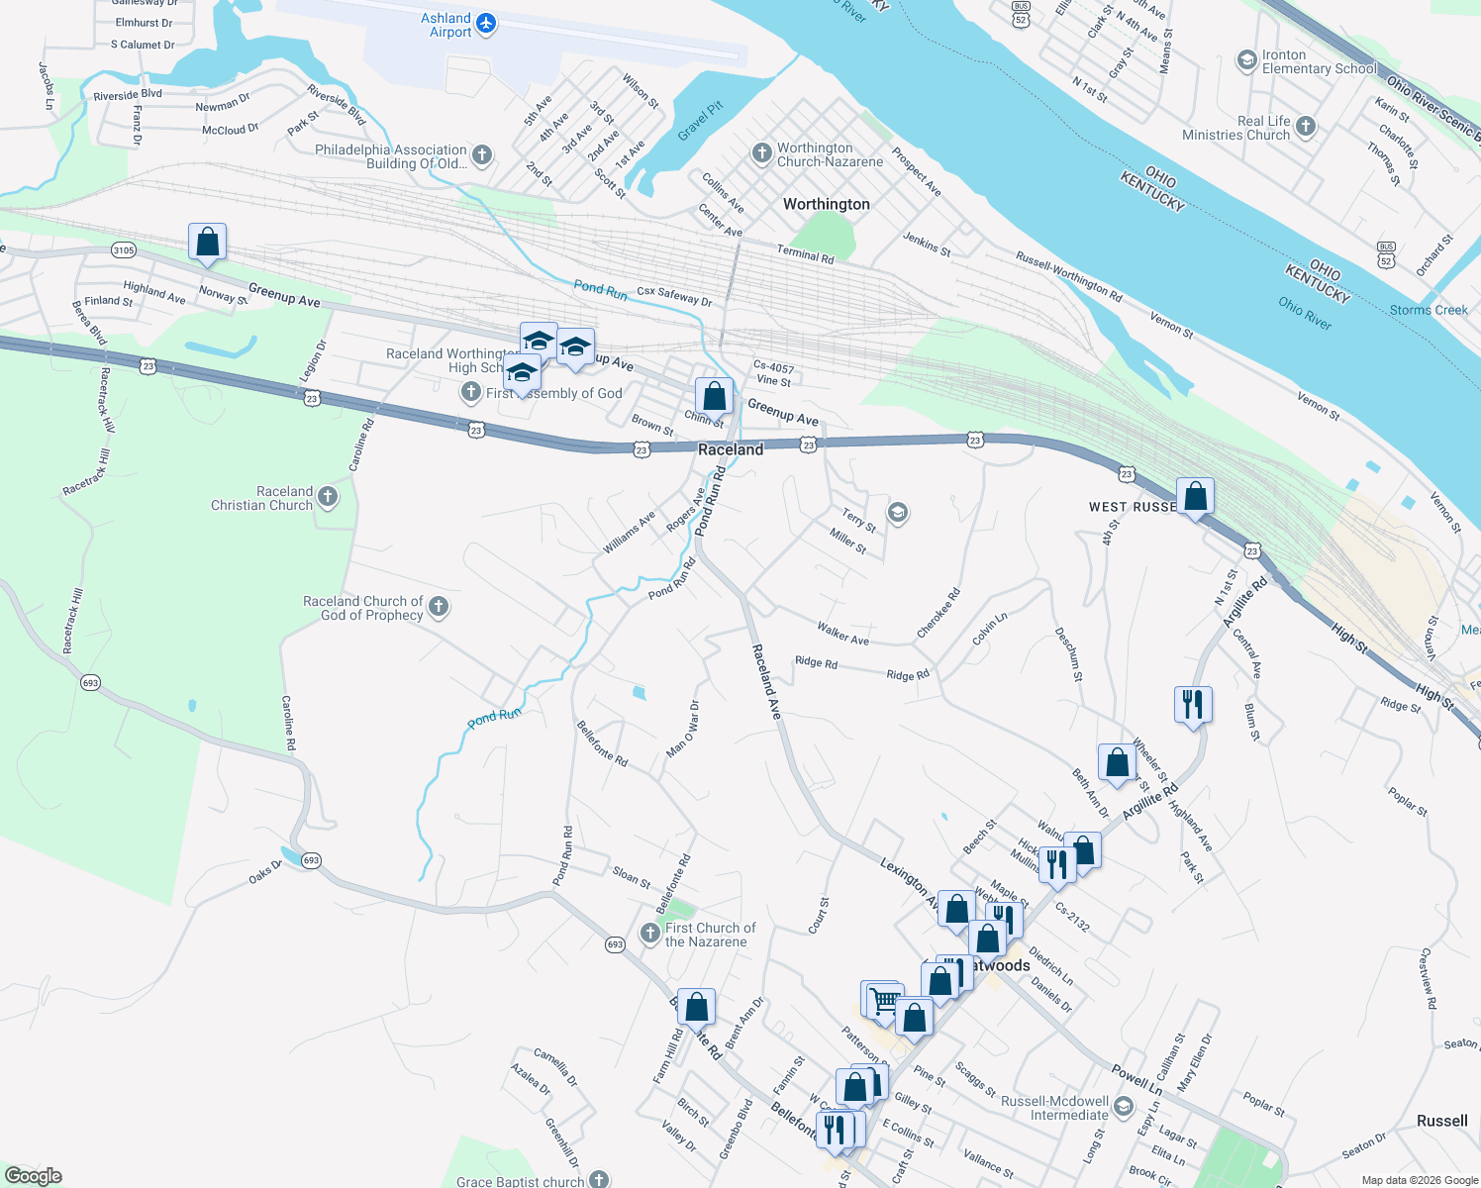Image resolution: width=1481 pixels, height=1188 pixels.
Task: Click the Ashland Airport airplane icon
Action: [x=485, y=23]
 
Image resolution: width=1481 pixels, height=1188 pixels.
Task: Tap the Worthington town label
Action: [x=826, y=204]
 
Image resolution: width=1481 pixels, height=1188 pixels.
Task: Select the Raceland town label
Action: [x=731, y=449]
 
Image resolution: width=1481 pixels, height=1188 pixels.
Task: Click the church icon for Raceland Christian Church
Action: [x=328, y=497]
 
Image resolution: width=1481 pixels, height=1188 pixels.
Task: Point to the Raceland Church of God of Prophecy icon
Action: [x=439, y=607]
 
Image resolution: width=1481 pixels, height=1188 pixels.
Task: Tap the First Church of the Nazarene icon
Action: [x=649, y=934]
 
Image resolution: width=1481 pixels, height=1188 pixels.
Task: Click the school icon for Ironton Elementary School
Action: [x=1246, y=61]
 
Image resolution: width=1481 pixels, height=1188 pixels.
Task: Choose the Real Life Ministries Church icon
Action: [x=1306, y=126]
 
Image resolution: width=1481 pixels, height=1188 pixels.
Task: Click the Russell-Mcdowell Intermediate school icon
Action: [x=1123, y=1107]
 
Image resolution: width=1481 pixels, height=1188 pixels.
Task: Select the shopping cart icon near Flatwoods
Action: [x=884, y=1001]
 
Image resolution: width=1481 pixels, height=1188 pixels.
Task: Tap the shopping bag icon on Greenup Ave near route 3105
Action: [x=207, y=242]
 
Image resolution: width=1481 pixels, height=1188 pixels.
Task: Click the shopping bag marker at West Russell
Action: [x=1195, y=496]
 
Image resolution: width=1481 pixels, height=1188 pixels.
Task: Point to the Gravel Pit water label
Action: [x=701, y=121]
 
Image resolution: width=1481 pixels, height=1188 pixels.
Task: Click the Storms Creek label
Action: [x=1429, y=310]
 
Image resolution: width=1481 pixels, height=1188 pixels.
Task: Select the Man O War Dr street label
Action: [x=683, y=729]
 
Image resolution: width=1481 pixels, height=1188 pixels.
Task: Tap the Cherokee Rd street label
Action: [x=938, y=614]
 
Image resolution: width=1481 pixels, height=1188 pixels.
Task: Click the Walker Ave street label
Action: [x=842, y=634]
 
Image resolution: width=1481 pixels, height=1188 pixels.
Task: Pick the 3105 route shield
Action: [x=123, y=250]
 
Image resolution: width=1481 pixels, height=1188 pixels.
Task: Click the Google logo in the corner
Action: [x=33, y=1176]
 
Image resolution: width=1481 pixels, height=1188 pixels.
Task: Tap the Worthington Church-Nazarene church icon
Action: [x=761, y=153]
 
